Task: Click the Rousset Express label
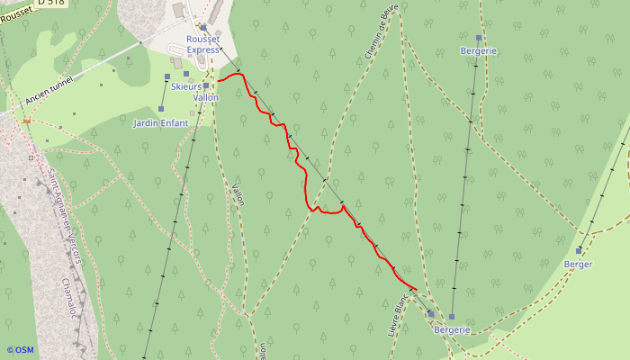click(203, 44)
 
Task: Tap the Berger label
click(578, 264)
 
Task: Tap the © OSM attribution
click(20, 349)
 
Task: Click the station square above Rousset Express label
click(203, 27)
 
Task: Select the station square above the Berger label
click(580, 250)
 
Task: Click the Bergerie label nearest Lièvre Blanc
click(452, 329)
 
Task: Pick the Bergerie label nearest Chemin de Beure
click(478, 50)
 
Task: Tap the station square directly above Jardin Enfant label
click(161, 109)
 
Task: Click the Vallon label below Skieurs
click(206, 96)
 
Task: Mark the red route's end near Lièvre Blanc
click(415, 289)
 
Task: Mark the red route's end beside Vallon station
click(219, 80)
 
